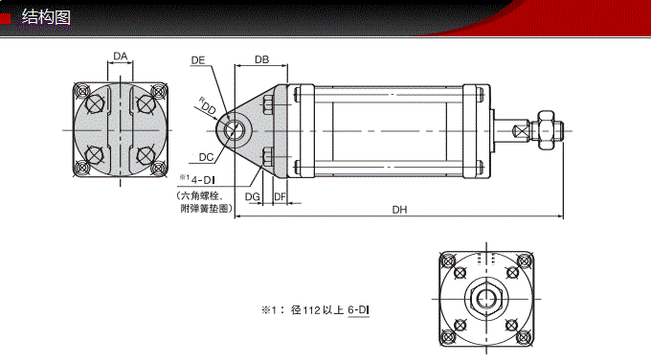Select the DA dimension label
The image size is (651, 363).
[x=120, y=57]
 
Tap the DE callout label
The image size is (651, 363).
[x=198, y=60]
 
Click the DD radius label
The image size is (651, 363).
[x=207, y=107]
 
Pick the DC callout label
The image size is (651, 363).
[x=206, y=157]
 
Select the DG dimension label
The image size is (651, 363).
[x=253, y=196]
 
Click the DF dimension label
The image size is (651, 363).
[x=280, y=196]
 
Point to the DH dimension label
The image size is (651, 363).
[x=400, y=211]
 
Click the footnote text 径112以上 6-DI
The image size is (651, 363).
[x=330, y=309]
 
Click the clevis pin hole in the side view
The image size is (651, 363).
[x=234, y=128]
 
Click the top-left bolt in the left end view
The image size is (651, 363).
[x=94, y=101]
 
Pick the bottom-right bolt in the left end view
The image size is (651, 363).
[x=146, y=156]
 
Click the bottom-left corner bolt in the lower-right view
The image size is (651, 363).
[x=446, y=335]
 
